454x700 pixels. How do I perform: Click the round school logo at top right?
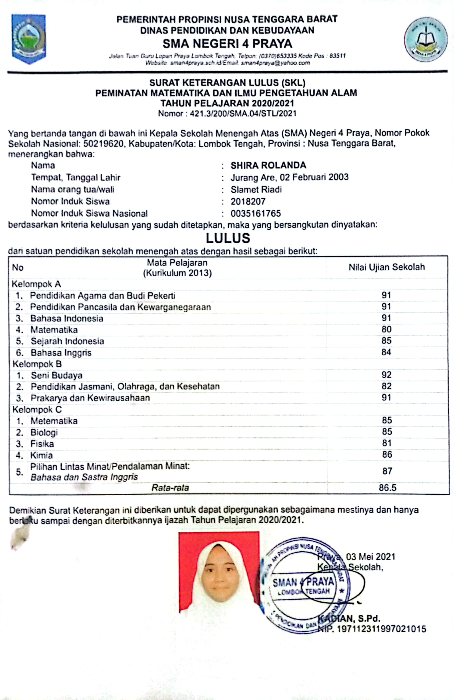click(426, 39)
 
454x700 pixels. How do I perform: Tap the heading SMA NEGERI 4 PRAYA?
click(227, 44)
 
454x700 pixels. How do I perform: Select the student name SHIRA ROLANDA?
click(268, 165)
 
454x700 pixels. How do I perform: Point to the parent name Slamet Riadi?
click(256, 189)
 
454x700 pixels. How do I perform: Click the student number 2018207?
click(248, 201)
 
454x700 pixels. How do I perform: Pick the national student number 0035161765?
click(255, 213)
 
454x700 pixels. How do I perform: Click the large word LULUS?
click(228, 238)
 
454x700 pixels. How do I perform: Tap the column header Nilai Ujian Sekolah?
click(387, 267)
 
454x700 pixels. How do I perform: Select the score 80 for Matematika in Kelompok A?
click(386, 329)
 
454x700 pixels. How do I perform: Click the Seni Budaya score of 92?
click(386, 375)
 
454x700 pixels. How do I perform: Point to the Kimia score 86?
click(387, 455)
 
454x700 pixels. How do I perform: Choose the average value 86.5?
click(387, 488)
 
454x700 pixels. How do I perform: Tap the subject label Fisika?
click(42, 444)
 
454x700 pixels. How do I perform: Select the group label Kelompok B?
click(37, 364)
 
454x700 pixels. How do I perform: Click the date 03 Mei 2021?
click(370, 557)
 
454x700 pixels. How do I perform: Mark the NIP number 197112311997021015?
click(381, 629)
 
